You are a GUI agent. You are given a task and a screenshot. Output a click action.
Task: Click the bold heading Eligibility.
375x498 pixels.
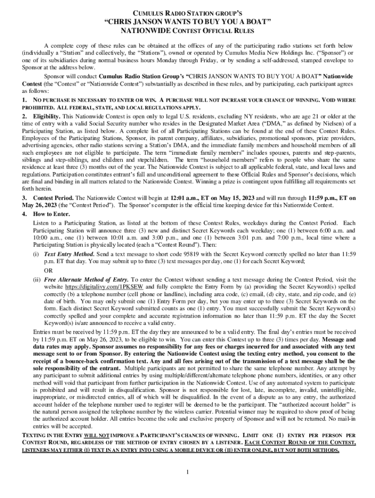point(47,117)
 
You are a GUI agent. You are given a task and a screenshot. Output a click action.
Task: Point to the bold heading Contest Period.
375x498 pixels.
point(53,198)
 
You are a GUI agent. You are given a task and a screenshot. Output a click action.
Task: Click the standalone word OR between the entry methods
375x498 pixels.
point(48,270)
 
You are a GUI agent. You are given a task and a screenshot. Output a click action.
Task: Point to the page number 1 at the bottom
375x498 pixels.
point(187,472)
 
